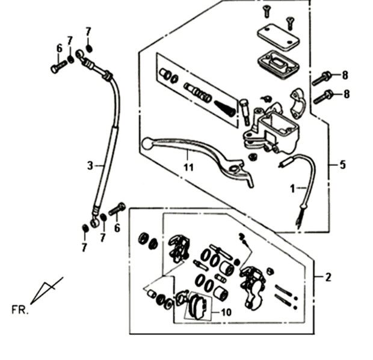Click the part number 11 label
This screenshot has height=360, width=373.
188,167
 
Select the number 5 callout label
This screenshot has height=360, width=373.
343,164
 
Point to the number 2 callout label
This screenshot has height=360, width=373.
328,277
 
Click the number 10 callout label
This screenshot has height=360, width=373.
226,312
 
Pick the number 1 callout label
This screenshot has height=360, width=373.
293,188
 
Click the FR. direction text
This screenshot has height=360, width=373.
19,310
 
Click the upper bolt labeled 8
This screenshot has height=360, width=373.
322,77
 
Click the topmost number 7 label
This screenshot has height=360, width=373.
88,31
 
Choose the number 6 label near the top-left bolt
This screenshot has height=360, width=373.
59,49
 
